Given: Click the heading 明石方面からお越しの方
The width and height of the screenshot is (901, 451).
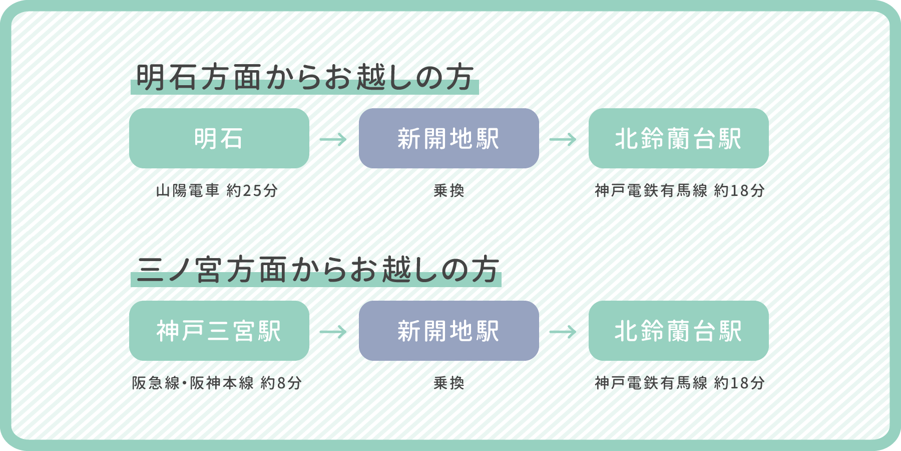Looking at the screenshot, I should pyautogui.click(x=304, y=78).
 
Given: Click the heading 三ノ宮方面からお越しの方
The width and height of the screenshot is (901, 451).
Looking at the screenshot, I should pyautogui.click(x=317, y=270).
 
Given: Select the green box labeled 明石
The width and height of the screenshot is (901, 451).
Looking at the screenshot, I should pyautogui.click(x=219, y=138).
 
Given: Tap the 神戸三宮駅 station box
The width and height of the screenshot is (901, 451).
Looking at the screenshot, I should pyautogui.click(x=219, y=331).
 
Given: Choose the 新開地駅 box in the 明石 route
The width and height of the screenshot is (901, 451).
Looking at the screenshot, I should pyautogui.click(x=448, y=138).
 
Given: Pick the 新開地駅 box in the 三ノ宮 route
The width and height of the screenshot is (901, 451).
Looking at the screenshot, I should pyautogui.click(x=448, y=331).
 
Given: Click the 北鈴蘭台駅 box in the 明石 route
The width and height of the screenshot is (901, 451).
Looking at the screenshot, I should pyautogui.click(x=678, y=138).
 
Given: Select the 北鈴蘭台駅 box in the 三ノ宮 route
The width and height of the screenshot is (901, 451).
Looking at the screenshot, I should pyautogui.click(x=678, y=331).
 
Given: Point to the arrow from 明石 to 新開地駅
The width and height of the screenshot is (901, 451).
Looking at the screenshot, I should pyautogui.click(x=333, y=139).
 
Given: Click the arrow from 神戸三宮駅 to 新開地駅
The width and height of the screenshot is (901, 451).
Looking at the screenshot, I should pyautogui.click(x=333, y=331).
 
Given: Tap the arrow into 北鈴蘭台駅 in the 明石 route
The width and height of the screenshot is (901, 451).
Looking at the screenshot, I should pyautogui.click(x=563, y=139).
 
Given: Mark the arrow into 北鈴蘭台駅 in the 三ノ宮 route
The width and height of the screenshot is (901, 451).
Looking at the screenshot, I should pyautogui.click(x=563, y=331).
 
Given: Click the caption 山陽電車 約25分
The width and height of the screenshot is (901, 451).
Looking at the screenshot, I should pyautogui.click(x=217, y=190).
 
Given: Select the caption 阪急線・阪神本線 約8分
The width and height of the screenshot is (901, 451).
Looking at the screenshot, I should pyautogui.click(x=217, y=383).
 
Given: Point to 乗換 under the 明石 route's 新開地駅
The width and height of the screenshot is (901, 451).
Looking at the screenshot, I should pyautogui.click(x=449, y=190).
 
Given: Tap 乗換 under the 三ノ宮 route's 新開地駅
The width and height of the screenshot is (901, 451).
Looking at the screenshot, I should pyautogui.click(x=449, y=383).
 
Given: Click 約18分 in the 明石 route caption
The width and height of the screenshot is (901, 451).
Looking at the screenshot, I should pyautogui.click(x=739, y=190).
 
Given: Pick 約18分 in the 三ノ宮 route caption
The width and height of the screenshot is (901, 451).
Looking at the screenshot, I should pyautogui.click(x=739, y=383).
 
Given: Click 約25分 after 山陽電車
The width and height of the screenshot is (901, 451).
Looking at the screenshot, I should pyautogui.click(x=252, y=190).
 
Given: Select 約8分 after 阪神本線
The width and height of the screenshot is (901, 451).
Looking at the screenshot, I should pyautogui.click(x=281, y=383).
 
